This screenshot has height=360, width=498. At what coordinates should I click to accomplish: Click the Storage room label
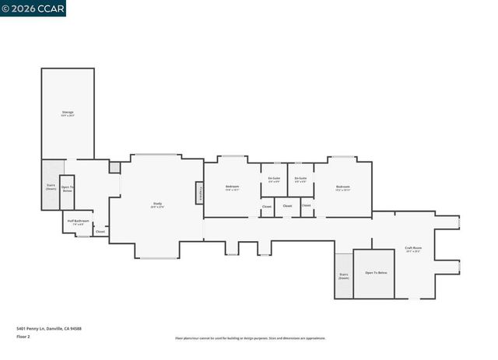[68, 114]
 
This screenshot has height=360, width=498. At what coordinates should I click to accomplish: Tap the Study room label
[157, 205]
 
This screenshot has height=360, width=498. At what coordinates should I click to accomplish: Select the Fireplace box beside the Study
[199, 193]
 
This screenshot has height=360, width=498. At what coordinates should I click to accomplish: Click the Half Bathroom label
[78, 223]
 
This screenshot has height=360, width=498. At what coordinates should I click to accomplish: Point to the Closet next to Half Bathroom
[100, 231]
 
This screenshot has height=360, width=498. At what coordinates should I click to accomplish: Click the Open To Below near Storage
[67, 189]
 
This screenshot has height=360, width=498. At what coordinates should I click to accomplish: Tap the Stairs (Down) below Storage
[51, 187]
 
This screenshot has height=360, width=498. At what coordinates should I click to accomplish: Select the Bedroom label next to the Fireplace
[232, 187]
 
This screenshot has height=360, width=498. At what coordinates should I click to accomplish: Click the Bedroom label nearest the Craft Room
[342, 187]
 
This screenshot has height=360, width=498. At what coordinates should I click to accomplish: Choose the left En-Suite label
[274, 180]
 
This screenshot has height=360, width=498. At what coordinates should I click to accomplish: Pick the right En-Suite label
[300, 180]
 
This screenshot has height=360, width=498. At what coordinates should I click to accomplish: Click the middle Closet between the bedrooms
[287, 206]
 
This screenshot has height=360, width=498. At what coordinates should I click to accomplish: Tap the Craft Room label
[412, 250]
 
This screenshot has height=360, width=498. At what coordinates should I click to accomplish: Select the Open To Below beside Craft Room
[375, 274]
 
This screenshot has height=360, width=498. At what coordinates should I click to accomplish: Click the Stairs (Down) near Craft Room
[343, 276]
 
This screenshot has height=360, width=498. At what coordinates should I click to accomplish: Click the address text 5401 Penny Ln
[48, 328]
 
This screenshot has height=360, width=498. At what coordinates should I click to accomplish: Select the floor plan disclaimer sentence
[250, 338]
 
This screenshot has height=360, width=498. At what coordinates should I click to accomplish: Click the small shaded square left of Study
[115, 167]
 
